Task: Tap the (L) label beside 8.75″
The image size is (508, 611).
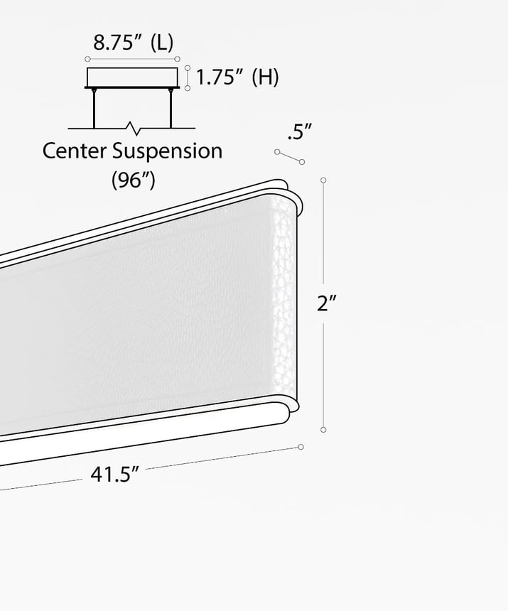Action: (162, 43)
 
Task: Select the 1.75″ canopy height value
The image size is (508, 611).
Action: (220, 77)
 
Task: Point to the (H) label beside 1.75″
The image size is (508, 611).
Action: (265, 77)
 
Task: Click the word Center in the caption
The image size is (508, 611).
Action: (74, 151)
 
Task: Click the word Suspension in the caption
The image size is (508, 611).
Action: (168, 151)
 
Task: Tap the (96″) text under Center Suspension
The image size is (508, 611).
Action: (134, 180)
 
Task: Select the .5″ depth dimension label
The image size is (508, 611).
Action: (300, 131)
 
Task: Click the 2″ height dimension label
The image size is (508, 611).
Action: (326, 303)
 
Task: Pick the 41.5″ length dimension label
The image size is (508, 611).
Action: (114, 474)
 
